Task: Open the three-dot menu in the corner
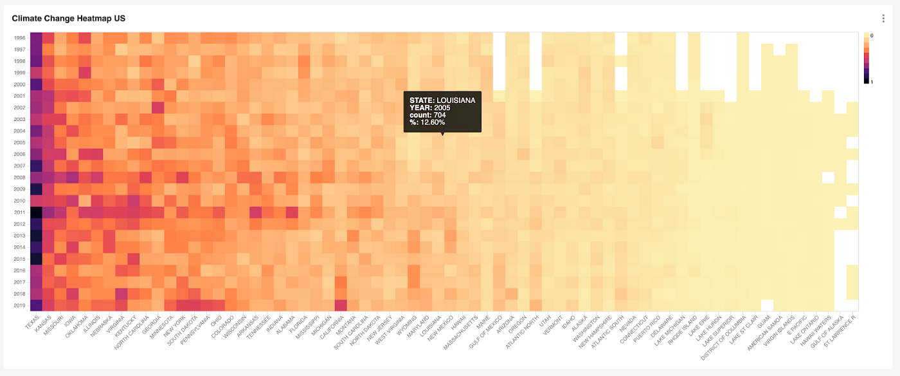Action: [x=883, y=19]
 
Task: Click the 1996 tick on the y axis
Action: [x=19, y=37]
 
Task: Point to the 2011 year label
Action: [x=19, y=212]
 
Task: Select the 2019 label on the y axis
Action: [x=19, y=306]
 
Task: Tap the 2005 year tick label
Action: [x=19, y=142]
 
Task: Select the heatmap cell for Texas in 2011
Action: [x=36, y=212]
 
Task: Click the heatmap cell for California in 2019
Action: [x=341, y=306]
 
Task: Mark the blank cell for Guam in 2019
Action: [x=766, y=306]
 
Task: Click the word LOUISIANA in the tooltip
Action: [x=456, y=100]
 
